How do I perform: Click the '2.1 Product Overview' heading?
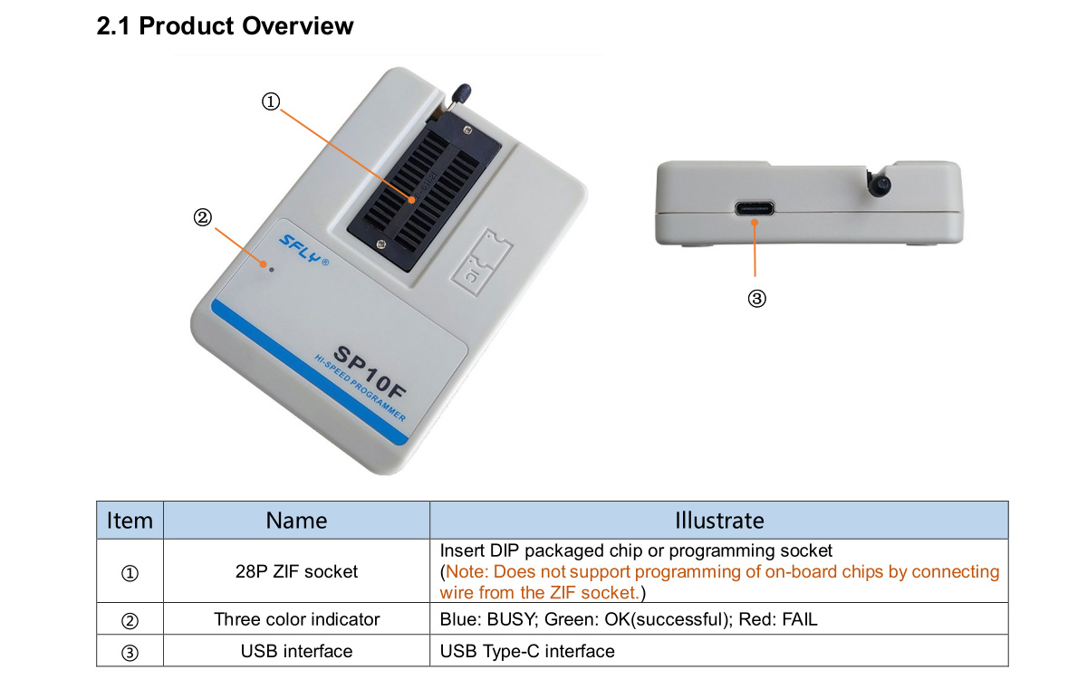(225, 25)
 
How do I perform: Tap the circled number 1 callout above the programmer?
(271, 101)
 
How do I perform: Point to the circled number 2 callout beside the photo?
(202, 216)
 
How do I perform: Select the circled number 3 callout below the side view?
(756, 298)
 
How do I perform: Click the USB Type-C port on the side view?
(754, 208)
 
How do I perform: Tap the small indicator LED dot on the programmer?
(271, 270)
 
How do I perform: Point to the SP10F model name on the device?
(370, 372)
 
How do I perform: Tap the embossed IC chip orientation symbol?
(481, 263)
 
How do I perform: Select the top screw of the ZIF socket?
(467, 130)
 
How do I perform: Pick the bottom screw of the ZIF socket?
(381, 244)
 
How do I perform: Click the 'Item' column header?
(130, 521)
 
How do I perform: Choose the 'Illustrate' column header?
(719, 521)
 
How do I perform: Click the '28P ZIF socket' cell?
(296, 571)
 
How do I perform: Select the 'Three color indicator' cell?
(296, 619)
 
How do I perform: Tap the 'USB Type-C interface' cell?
(527, 651)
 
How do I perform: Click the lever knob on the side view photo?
(880, 185)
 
